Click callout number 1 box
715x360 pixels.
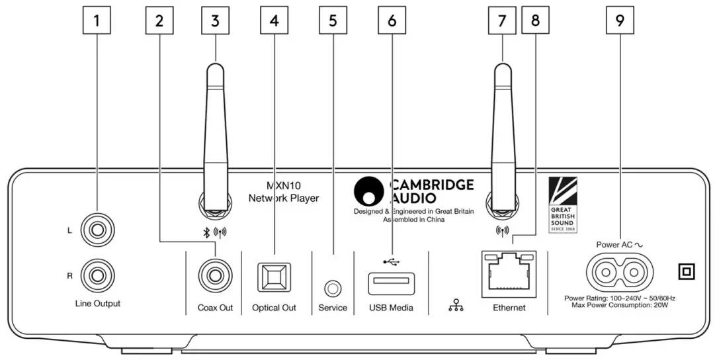(x=97, y=21)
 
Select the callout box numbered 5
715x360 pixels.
(x=333, y=21)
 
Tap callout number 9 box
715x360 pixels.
(x=619, y=21)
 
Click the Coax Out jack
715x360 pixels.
(x=216, y=274)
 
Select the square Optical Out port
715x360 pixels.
(x=274, y=277)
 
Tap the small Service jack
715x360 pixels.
(x=332, y=288)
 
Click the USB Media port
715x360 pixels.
(x=391, y=283)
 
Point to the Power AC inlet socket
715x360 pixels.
(x=619, y=271)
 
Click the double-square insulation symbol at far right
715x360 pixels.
(x=686, y=271)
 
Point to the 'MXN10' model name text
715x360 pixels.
(x=274, y=185)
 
